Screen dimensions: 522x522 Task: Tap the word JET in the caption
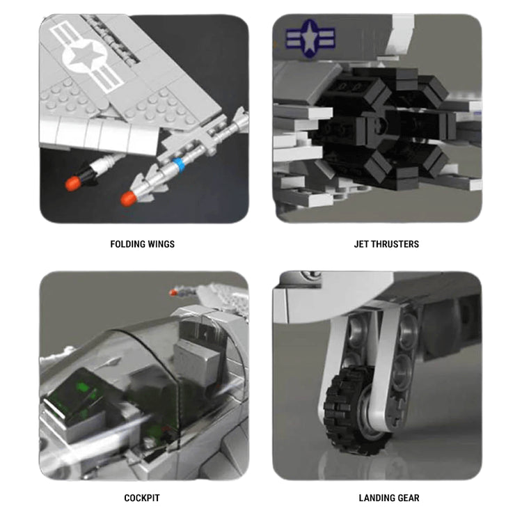click(361, 244)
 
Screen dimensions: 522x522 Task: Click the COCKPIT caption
click(142, 498)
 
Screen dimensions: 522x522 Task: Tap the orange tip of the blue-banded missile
click(129, 199)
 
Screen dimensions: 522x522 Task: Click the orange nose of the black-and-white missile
click(73, 184)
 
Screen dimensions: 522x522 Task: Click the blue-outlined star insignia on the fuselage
click(310, 38)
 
